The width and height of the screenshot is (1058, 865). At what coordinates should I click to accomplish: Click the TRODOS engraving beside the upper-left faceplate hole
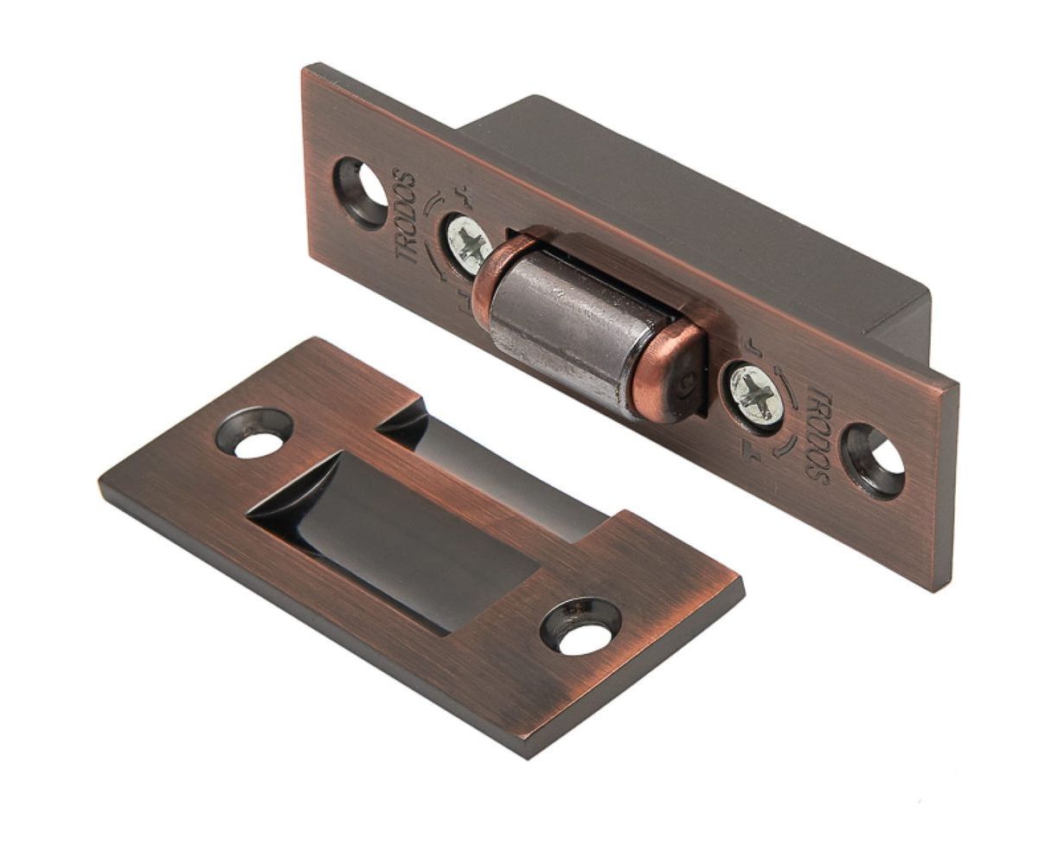coord(406,218)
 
